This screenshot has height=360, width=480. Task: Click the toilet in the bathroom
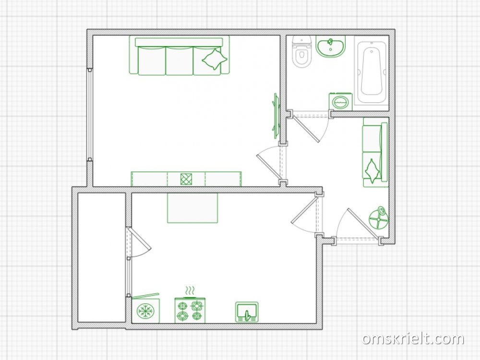point(302,51)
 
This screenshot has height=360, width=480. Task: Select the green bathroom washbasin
point(331,47)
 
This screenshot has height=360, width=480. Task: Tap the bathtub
point(372,73)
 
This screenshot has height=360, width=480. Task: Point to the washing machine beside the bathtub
point(340,101)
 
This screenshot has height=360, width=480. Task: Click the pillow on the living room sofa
point(215,59)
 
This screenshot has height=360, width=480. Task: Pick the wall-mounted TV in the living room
point(276,115)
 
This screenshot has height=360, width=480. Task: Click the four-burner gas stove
point(190,311)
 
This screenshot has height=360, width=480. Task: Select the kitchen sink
point(247,312)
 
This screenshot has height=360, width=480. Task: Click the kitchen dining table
point(192,208)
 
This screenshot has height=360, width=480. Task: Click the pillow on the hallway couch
point(372,170)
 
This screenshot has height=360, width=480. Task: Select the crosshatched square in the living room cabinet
point(186,179)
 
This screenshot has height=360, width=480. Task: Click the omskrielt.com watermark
point(414,339)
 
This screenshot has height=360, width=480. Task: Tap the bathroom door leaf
point(306,129)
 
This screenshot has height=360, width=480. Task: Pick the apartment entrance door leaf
point(364,223)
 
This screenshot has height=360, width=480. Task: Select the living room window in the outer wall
point(89,115)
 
